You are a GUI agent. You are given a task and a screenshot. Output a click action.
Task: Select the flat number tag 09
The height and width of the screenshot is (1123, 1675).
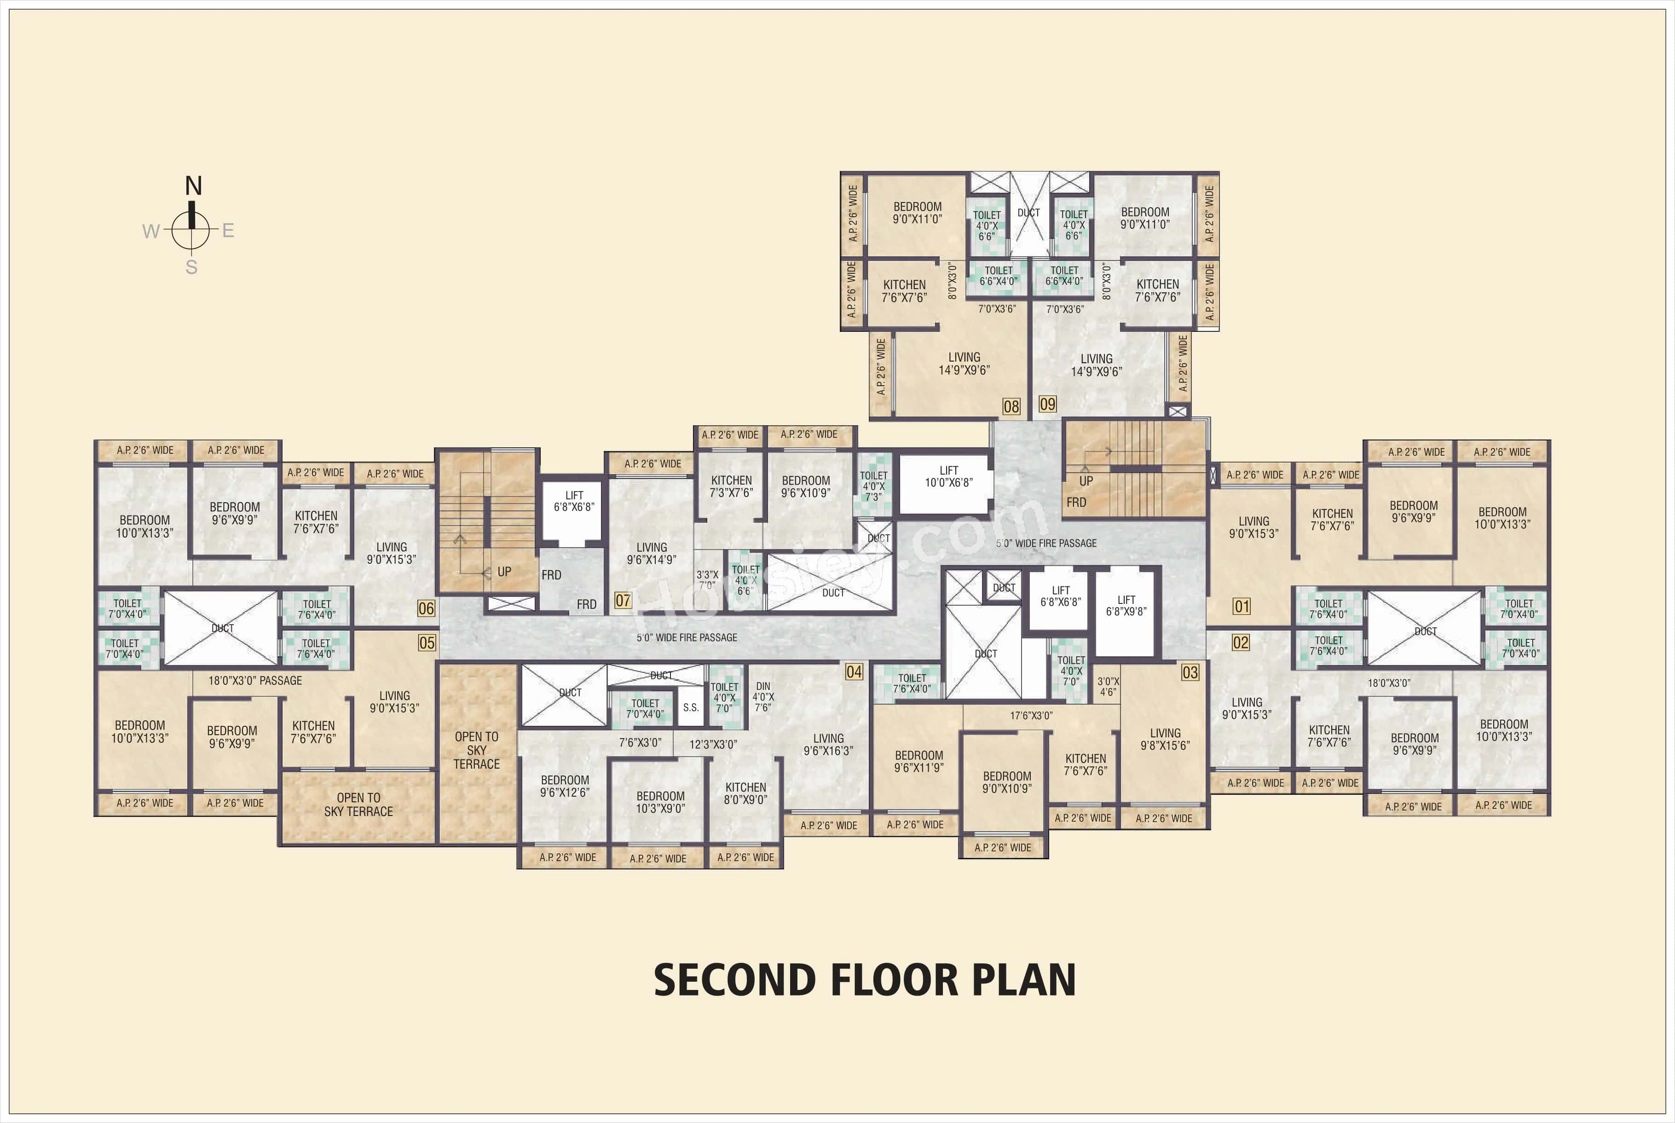1047,404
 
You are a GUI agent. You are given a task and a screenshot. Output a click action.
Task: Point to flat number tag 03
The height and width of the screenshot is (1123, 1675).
1190,672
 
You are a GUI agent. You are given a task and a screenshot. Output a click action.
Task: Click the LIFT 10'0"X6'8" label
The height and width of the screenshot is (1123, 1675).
948,476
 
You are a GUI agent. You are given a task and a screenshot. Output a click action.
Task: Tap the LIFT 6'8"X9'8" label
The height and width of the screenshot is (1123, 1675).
1126,605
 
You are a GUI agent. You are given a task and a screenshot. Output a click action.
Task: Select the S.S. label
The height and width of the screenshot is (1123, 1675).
690,707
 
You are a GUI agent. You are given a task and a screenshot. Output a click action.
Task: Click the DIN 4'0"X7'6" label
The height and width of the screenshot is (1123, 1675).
762,696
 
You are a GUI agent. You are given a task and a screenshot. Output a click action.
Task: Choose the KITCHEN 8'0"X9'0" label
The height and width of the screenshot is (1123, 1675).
745,793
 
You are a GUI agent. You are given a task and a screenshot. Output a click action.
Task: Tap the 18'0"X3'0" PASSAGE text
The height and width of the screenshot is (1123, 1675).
255,680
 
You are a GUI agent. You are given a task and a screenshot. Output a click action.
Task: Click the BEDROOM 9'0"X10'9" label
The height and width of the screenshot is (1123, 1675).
1007,781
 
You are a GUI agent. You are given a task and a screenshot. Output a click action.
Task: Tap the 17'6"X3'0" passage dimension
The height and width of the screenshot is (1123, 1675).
1031,715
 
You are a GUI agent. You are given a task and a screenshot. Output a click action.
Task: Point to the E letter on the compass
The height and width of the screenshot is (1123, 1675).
228,231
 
